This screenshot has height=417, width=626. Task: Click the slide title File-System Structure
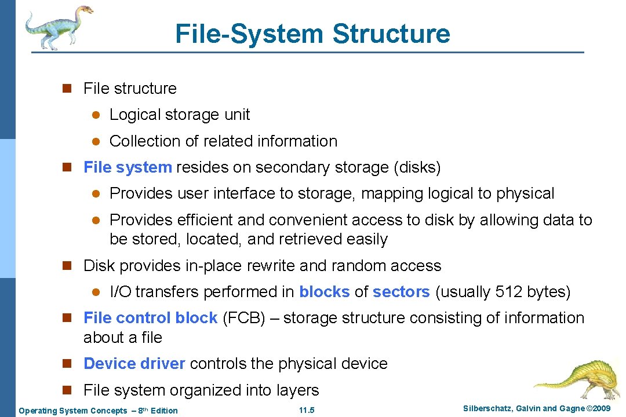pos(312,34)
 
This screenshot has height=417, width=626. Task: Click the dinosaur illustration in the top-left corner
pos(58,26)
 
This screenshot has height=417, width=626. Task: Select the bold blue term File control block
pos(150,318)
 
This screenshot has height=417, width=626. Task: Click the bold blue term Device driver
pos(134,364)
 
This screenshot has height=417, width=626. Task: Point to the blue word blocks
pos(324,292)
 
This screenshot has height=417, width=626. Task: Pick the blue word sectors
pos(401,292)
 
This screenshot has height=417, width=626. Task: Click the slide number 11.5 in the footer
pos(307,411)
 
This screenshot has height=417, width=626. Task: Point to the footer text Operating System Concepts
pos(73,411)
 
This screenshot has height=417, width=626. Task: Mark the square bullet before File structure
pos(67,89)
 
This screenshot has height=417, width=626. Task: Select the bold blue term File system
pos(128,168)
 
